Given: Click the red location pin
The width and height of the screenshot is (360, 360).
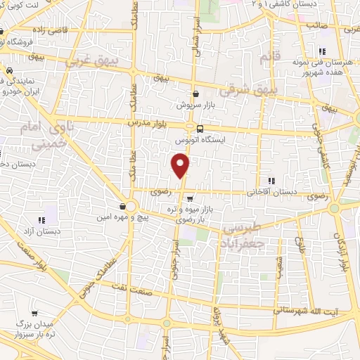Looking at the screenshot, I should click(x=181, y=167).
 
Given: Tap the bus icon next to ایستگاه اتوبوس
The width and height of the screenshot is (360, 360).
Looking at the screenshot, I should click(x=201, y=129).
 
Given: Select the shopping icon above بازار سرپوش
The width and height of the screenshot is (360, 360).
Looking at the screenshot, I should click(x=195, y=94).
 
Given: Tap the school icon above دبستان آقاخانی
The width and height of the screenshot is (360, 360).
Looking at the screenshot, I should click(x=271, y=181).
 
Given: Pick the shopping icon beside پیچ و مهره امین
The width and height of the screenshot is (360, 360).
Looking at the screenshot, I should click(x=124, y=206).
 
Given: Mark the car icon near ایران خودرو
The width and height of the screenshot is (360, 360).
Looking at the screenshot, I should click(x=9, y=71).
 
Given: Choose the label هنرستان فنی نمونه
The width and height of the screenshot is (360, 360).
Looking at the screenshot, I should click(x=322, y=62).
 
